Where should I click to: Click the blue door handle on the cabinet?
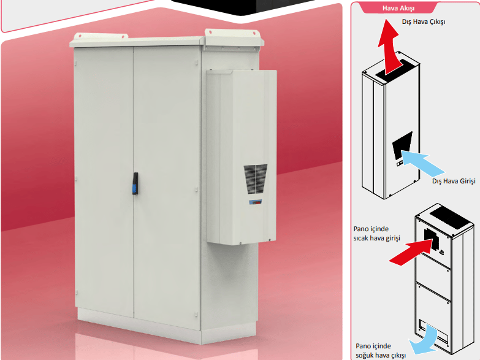pos(135,183)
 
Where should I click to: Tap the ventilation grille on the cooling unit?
pos(256,179)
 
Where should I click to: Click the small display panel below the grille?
pos(255,202)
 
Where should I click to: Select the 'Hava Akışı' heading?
pos(398,8)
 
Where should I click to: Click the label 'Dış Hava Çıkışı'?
pos(424,21)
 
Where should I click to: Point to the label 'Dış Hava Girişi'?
pos(454,181)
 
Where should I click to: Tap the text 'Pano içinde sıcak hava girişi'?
pos(376,234)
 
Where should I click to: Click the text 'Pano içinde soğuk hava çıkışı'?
pos(381,351)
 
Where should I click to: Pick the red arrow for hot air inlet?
pos(411,251)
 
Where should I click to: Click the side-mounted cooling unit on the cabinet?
pos(242,157)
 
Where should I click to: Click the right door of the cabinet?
pos(167,187)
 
